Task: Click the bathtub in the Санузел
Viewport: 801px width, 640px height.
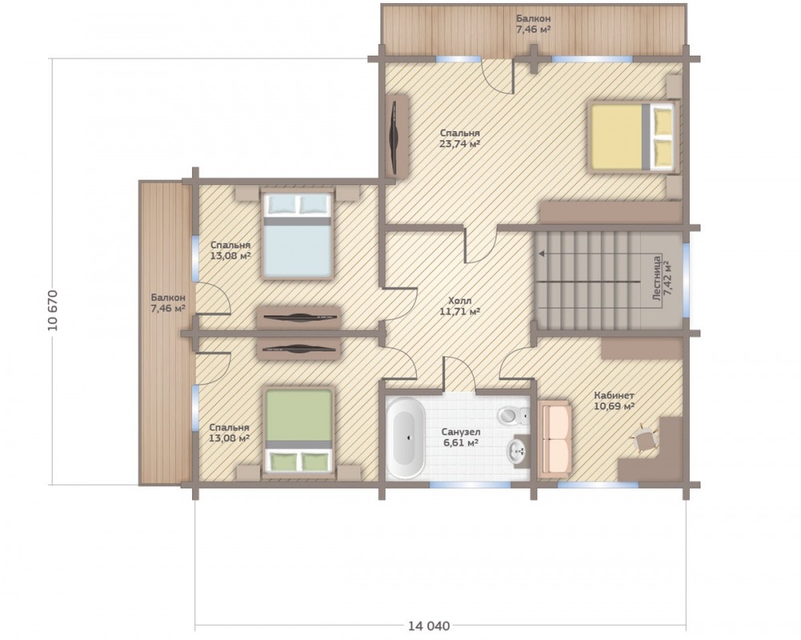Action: pos(405,437)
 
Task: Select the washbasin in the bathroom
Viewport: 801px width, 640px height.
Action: pos(517,450)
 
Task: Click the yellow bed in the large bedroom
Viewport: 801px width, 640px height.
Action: pos(633,136)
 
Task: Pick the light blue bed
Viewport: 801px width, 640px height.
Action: pos(297,234)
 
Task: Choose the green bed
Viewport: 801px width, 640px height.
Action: pos(299,432)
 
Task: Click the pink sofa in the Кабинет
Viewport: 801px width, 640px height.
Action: pos(555,438)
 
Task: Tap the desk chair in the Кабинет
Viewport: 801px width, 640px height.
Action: pos(645,439)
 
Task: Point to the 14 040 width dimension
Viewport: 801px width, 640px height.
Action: pos(429,626)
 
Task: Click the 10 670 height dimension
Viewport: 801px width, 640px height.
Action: pos(53,310)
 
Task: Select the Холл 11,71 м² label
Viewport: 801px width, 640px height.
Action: pos(460,306)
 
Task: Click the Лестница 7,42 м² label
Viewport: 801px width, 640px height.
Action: pos(662,279)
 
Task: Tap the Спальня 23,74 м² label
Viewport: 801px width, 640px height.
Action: pos(460,139)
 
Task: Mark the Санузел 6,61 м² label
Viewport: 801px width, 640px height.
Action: pos(461,437)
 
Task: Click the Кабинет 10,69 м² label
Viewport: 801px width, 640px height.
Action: pos(614,401)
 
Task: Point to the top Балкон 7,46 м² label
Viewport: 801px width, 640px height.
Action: pos(533,24)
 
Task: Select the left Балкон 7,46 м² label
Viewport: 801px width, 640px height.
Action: pos(168,303)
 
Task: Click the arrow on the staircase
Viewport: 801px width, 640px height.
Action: pos(587,253)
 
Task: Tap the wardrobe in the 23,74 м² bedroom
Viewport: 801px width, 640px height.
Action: pos(396,136)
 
